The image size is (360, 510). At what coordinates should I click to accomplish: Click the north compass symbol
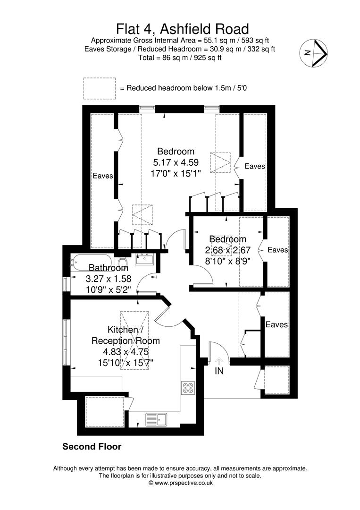pos(314,53)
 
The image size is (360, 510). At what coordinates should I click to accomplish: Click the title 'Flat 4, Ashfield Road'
pos(183,29)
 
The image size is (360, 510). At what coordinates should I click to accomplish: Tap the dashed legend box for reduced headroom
pos(100,88)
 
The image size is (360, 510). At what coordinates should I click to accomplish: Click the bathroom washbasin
pos(144,260)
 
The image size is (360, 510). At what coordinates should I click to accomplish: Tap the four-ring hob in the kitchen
pos(188,387)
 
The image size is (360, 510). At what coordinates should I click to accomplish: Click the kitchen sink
pos(156,419)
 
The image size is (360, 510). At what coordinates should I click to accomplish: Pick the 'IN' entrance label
pos(219,371)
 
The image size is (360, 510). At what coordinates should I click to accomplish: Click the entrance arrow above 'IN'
pos(219,361)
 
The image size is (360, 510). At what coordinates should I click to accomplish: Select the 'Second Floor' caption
pos(92,447)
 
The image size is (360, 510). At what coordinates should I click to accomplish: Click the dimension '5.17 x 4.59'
pos(176,162)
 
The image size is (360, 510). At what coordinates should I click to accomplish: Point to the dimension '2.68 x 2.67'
pos(228,250)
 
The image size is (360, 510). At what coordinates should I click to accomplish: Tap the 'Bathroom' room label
pos(108,268)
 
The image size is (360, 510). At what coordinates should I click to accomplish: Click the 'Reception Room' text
pos(126,341)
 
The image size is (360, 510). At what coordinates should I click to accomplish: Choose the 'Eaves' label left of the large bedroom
pos(103,176)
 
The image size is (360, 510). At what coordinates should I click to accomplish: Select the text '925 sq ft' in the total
pos(209,58)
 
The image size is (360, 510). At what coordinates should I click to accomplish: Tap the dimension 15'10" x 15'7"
pos(126,363)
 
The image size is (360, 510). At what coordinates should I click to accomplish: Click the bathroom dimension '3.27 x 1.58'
pos(109,279)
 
